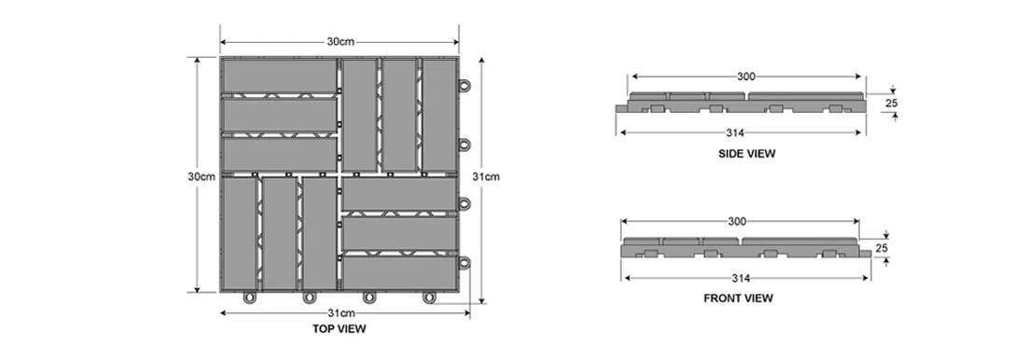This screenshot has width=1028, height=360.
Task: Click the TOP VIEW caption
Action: tap(339, 329)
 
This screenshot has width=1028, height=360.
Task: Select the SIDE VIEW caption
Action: tap(746, 152)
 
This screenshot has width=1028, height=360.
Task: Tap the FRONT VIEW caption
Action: tap(737, 298)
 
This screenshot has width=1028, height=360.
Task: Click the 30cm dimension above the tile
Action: tap(339, 41)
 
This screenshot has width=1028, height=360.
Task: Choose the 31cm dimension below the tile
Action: tap(340, 312)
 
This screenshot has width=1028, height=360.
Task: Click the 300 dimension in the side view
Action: tap(746, 76)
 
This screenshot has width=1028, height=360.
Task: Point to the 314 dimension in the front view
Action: tap(741, 278)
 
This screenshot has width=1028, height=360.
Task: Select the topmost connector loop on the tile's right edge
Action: tap(464, 86)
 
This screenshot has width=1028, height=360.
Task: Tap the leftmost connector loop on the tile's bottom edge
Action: tap(249, 298)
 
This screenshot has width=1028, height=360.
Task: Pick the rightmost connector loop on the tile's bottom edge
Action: tap(428, 298)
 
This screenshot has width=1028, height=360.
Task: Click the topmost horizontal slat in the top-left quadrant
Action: tap(278, 76)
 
